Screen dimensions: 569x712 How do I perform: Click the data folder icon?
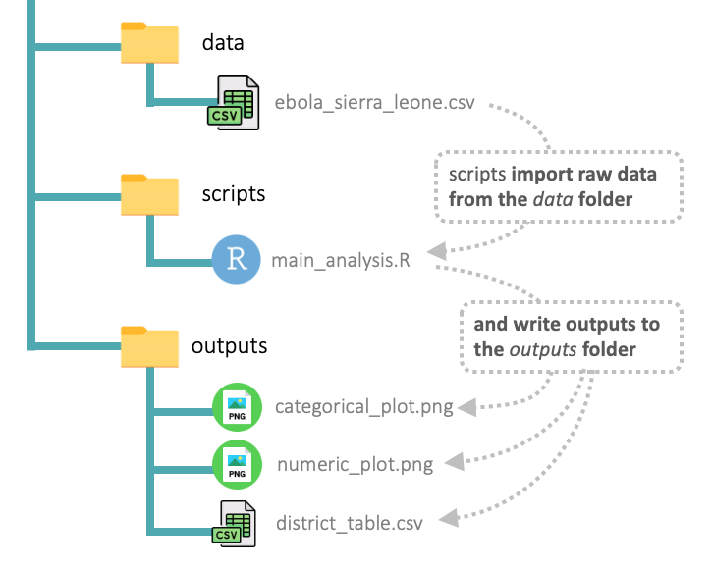click(x=149, y=43)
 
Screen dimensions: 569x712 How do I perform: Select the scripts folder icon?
click(x=149, y=195)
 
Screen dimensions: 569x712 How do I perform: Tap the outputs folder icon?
click(x=149, y=347)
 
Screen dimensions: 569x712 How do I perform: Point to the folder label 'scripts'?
click(x=234, y=193)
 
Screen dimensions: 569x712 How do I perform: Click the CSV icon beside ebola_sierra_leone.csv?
click(x=235, y=102)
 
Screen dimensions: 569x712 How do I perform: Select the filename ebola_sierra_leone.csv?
click(x=375, y=102)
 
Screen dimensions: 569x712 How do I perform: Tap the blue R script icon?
click(x=237, y=259)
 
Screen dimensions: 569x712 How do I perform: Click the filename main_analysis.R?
click(x=341, y=260)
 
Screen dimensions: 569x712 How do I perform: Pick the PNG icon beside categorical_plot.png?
click(x=237, y=406)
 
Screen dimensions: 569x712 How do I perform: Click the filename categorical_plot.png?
click(x=363, y=406)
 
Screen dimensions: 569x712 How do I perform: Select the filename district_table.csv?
click(x=350, y=522)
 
